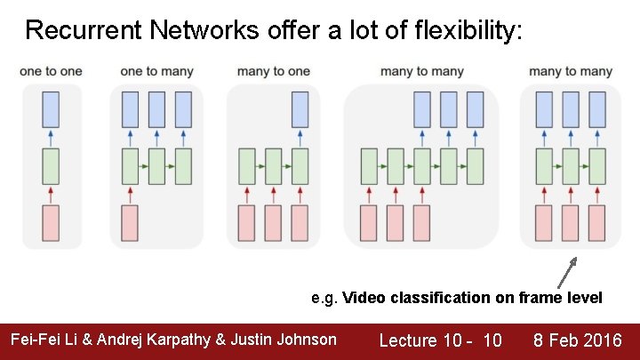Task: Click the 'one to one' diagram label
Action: click(x=51, y=71)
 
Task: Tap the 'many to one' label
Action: click(x=274, y=71)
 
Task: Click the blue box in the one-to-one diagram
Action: click(x=51, y=108)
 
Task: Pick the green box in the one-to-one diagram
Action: click(x=51, y=166)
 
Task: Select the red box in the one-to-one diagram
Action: click(x=51, y=223)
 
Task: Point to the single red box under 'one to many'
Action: click(x=130, y=223)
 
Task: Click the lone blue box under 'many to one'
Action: click(x=300, y=108)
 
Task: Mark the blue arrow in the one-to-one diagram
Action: click(x=51, y=137)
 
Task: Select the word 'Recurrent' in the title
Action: click(x=84, y=31)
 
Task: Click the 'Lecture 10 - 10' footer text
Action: click(x=440, y=340)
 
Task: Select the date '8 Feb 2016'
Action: click(x=577, y=340)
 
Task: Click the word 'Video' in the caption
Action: click(x=363, y=298)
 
